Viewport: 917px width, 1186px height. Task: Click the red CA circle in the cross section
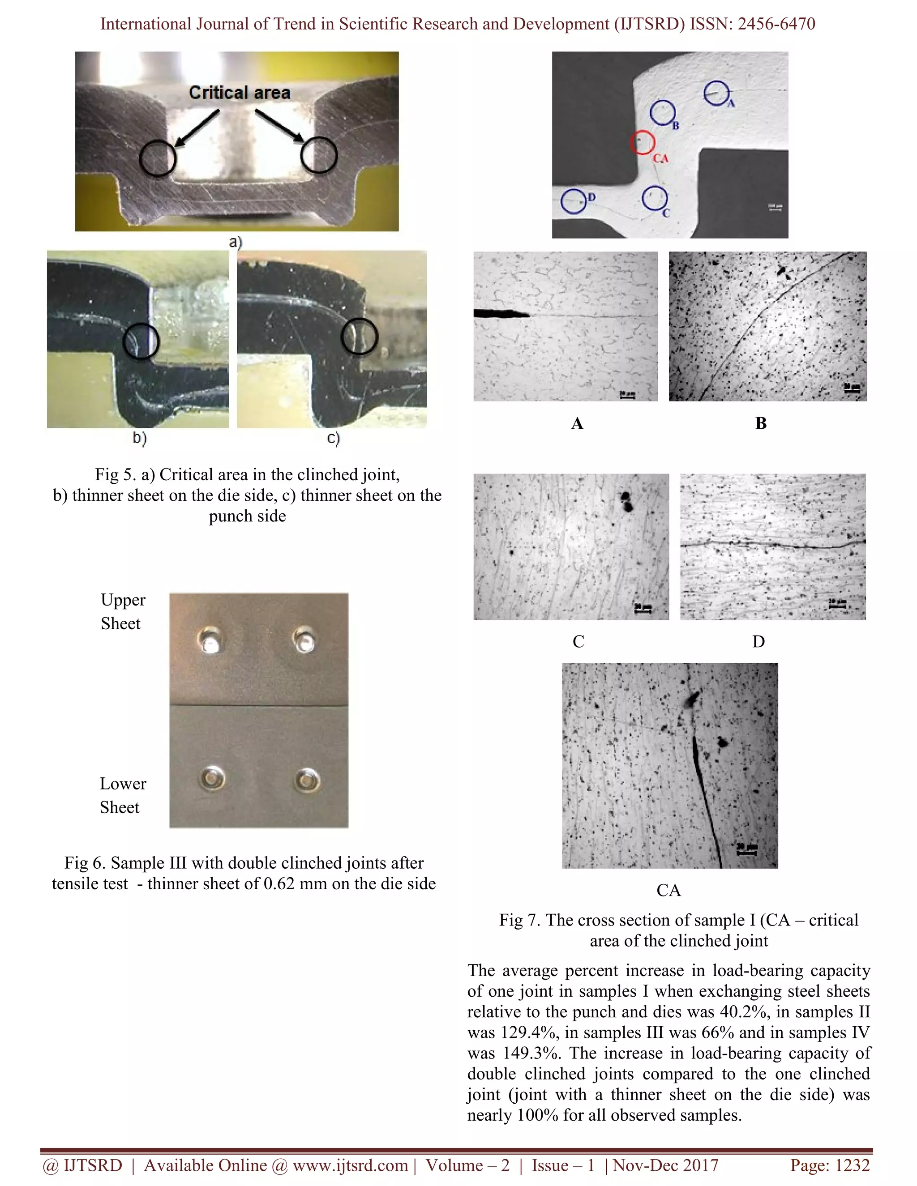point(642,142)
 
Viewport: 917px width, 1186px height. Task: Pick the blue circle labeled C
point(654,198)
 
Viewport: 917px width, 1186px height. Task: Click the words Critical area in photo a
point(240,93)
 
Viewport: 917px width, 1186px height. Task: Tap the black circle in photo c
point(359,337)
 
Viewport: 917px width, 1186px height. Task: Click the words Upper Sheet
point(123,611)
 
